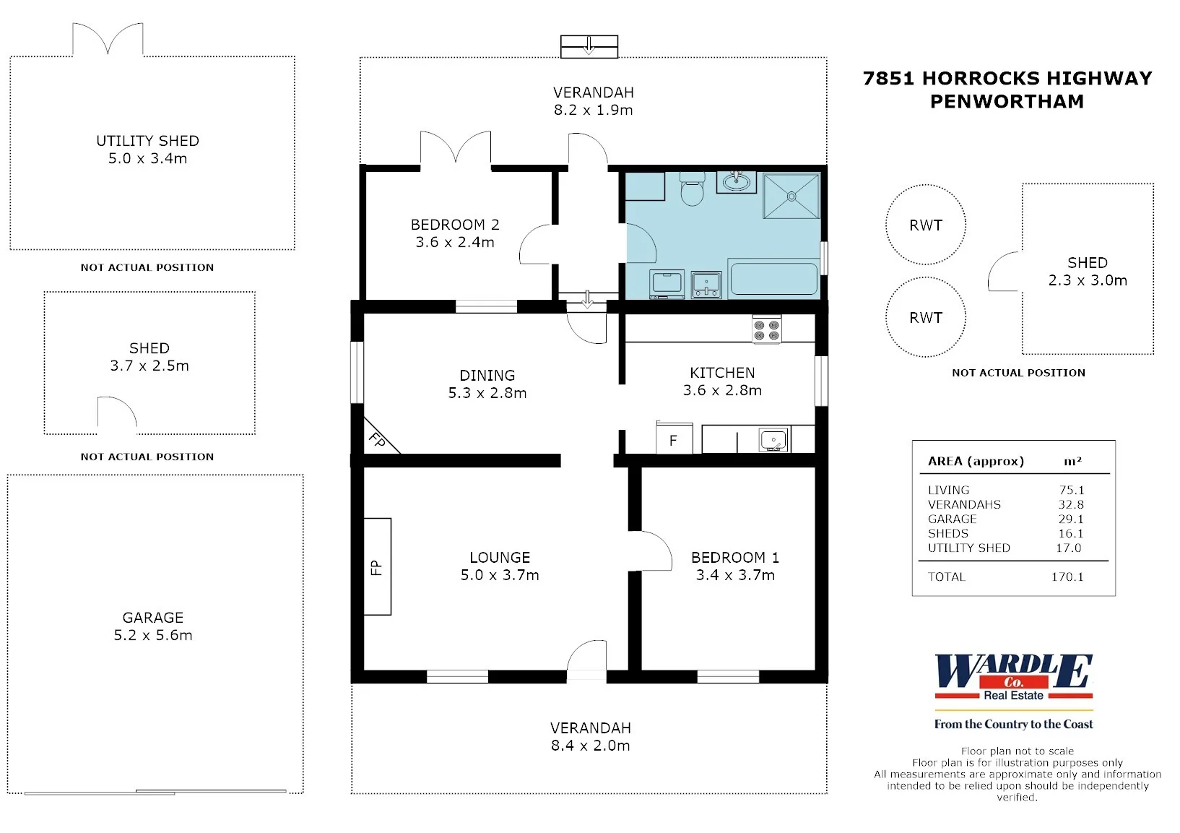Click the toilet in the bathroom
(692, 189)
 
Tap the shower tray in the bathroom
(791, 196)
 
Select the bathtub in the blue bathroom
(773, 278)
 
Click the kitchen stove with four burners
(766, 330)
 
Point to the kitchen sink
(773, 439)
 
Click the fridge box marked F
(674, 439)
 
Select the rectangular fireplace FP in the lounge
(377, 566)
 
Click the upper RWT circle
(926, 184)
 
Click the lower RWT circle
(926, 277)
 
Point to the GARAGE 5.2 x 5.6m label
(153, 626)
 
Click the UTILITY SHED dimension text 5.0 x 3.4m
(147, 158)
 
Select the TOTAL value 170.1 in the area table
(1067, 577)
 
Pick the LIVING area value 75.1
(1072, 490)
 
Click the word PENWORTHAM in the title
(1007, 101)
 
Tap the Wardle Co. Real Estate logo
(1013, 691)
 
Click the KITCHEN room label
(722, 373)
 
